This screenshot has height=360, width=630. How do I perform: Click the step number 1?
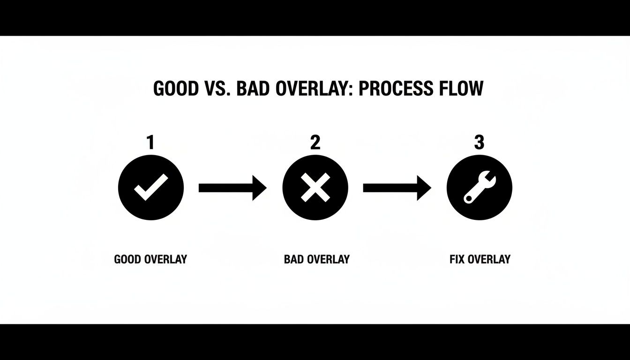tap(150, 142)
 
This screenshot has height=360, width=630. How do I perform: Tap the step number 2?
tap(315, 142)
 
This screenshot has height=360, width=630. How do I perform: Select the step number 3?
tap(479, 142)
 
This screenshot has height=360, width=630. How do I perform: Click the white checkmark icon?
tap(150, 187)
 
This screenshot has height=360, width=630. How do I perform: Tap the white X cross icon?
tap(315, 188)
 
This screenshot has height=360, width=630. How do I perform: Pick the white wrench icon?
tap(479, 188)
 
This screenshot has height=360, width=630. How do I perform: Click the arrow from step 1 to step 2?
tap(232, 188)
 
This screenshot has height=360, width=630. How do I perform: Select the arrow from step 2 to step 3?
tap(397, 188)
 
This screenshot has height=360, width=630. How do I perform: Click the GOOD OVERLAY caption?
tap(150, 259)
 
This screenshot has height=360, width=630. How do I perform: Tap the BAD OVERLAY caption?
tap(316, 259)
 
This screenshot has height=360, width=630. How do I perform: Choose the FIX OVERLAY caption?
tap(480, 259)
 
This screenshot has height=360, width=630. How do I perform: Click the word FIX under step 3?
tap(457, 259)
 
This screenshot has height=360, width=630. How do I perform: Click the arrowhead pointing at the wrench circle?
tap(424, 188)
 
